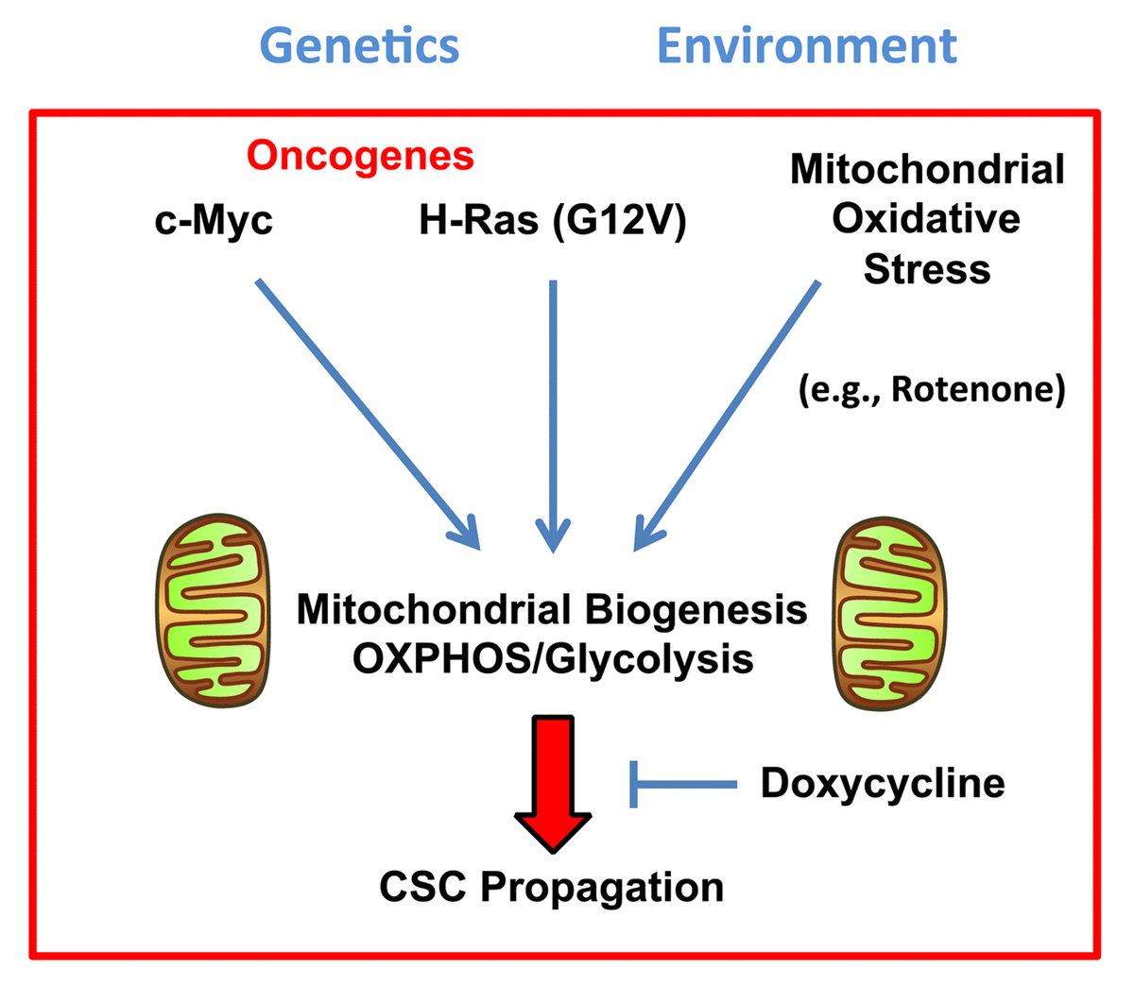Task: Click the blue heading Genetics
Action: click(x=359, y=45)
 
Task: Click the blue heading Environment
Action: click(x=806, y=45)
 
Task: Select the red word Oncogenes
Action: click(x=360, y=155)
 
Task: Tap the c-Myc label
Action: click(x=214, y=221)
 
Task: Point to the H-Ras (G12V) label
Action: click(x=553, y=221)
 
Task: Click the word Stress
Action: click(x=926, y=269)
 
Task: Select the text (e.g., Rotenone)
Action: click(x=932, y=388)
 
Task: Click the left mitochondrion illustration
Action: click(x=213, y=610)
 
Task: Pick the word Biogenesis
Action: click(x=696, y=610)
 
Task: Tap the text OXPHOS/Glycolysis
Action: click(x=553, y=659)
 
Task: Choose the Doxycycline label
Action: click(x=883, y=783)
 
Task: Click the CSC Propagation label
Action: click(x=552, y=887)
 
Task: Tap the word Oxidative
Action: click(x=926, y=219)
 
